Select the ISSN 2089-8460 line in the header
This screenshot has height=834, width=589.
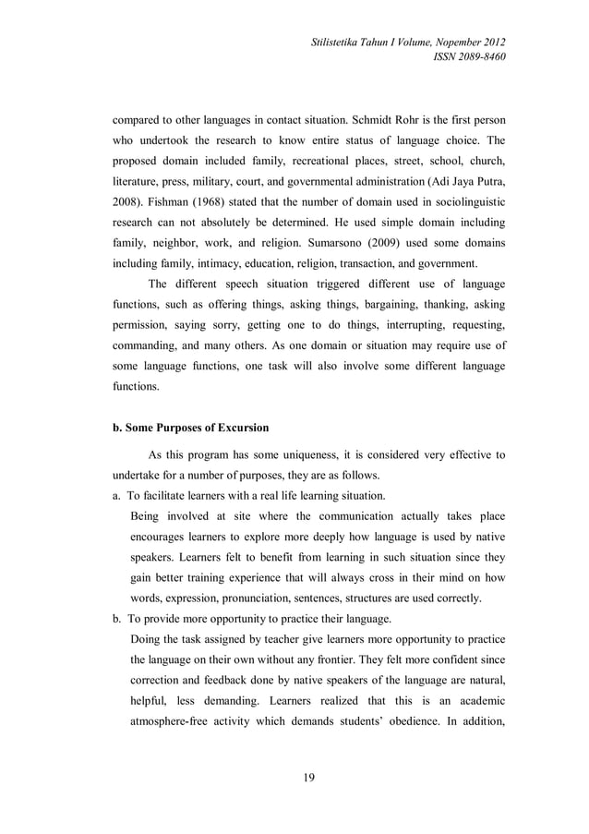(471, 57)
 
